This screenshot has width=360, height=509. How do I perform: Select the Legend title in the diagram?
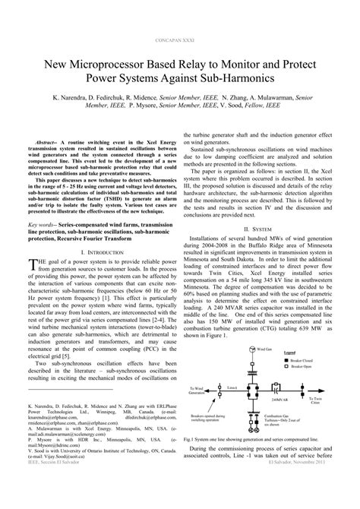[295, 375]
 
